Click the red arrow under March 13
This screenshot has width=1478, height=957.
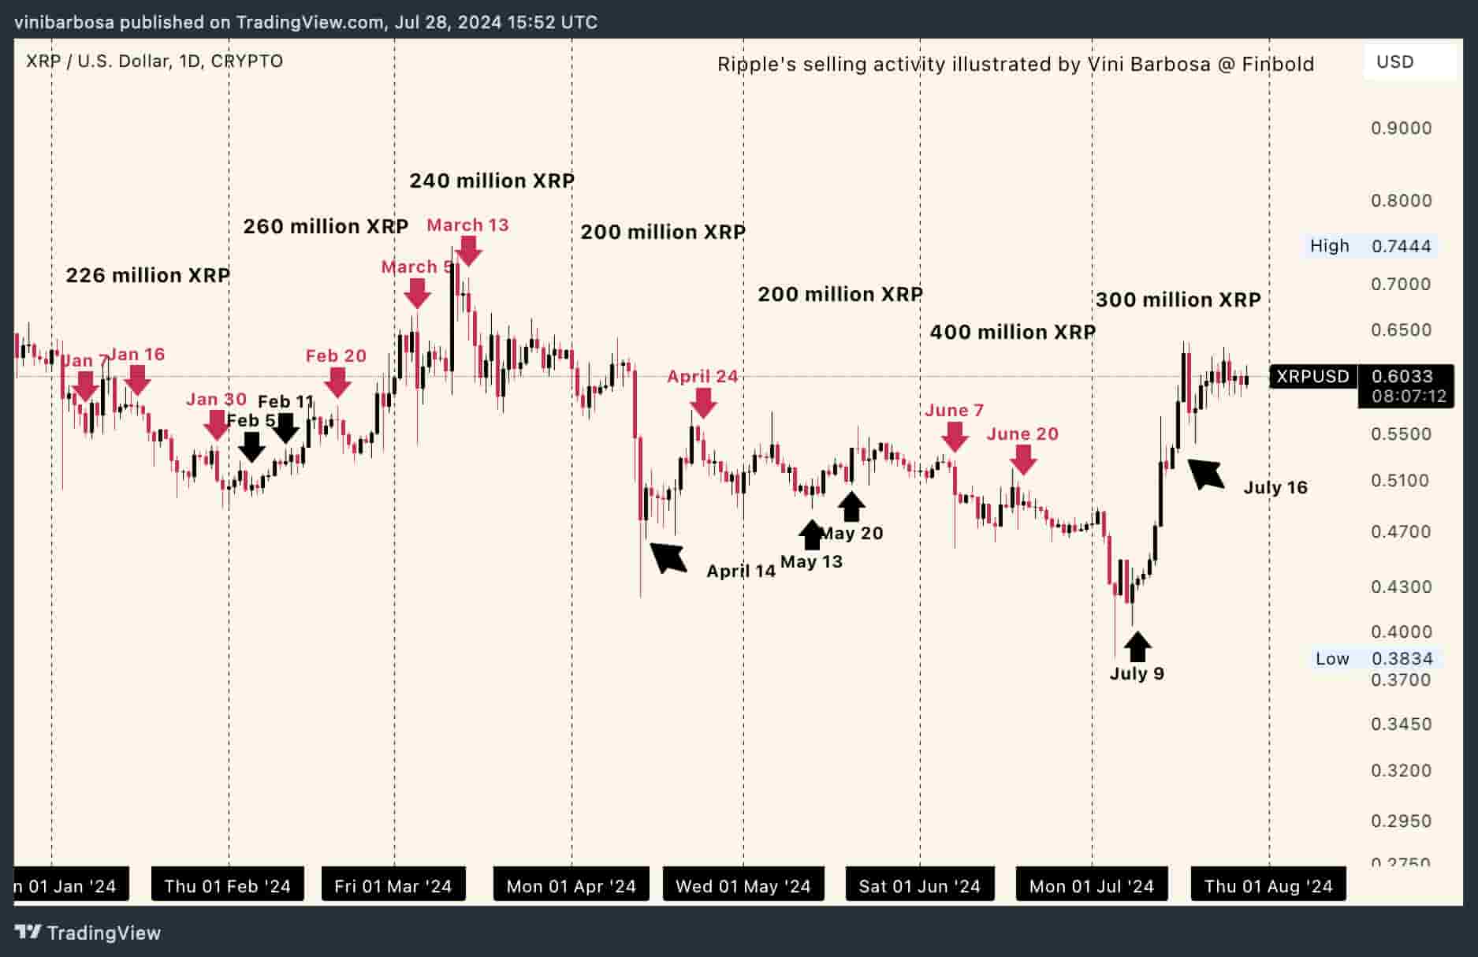pyautogui.click(x=469, y=251)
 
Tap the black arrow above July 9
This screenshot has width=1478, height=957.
pyautogui.click(x=1137, y=647)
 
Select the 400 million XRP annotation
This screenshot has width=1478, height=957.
pyautogui.click(x=1012, y=332)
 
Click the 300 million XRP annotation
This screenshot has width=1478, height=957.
pyautogui.click(x=1178, y=300)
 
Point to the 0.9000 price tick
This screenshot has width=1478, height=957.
pyautogui.click(x=1401, y=128)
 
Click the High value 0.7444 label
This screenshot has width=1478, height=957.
pyautogui.click(x=1401, y=246)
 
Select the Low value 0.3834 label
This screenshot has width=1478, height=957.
pyautogui.click(x=1401, y=659)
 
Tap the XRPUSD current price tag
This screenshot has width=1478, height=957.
pyautogui.click(x=1312, y=377)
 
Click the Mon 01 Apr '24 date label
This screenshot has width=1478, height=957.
pyautogui.click(x=571, y=886)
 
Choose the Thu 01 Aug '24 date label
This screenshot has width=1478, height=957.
pyautogui.click(x=1268, y=886)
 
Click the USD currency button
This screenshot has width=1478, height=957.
pyautogui.click(x=1394, y=62)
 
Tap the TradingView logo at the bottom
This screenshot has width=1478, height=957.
pyautogui.click(x=88, y=933)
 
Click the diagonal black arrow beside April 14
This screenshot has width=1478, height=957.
pyautogui.click(x=668, y=557)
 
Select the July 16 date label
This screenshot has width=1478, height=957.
pyautogui.click(x=1275, y=488)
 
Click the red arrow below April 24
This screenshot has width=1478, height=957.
pyautogui.click(x=703, y=403)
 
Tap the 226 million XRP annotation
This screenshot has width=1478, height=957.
pyautogui.click(x=147, y=275)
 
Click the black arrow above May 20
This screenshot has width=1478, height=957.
pyautogui.click(x=851, y=507)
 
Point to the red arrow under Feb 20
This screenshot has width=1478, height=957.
pyautogui.click(x=337, y=382)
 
